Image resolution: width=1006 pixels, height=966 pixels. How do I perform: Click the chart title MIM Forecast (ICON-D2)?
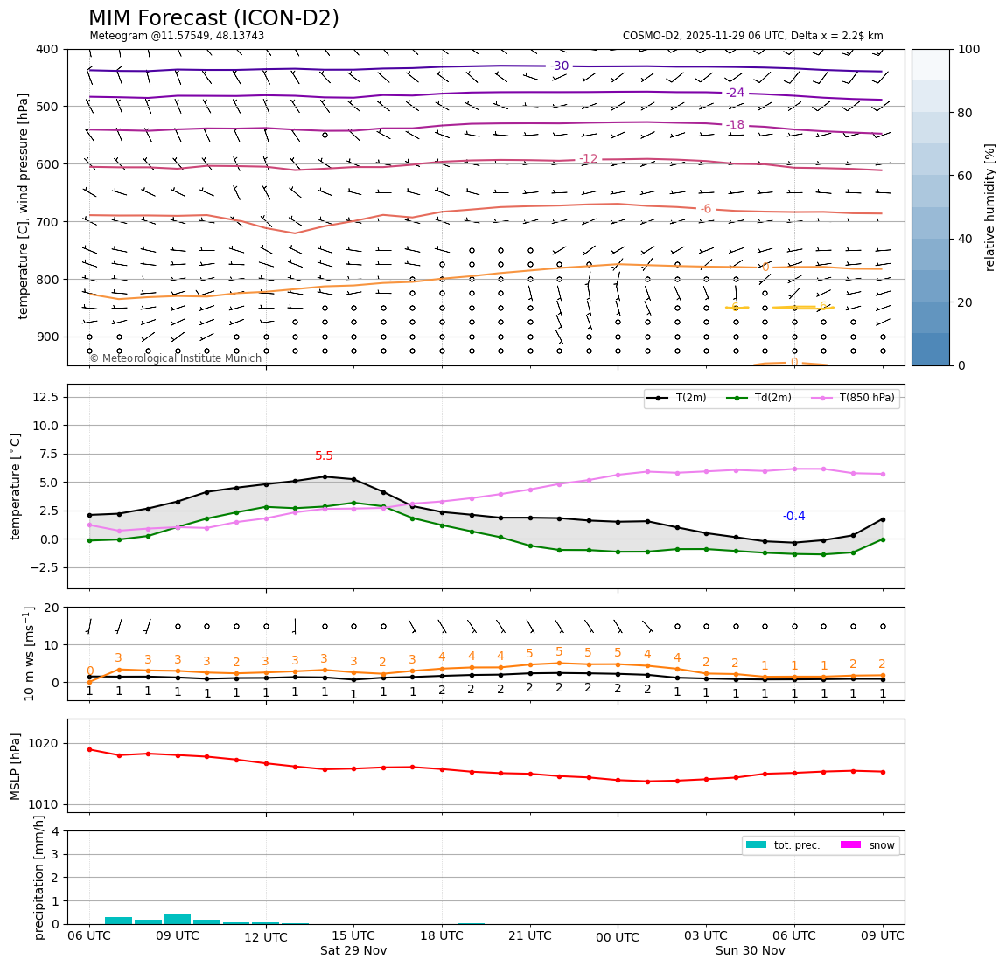213,18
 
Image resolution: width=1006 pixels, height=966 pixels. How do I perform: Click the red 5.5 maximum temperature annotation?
324,456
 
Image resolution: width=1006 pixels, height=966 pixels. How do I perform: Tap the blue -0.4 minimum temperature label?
793,517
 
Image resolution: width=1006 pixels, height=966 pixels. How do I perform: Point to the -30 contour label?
559,66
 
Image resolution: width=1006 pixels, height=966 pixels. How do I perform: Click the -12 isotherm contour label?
589,159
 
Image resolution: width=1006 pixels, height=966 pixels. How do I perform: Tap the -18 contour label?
735,125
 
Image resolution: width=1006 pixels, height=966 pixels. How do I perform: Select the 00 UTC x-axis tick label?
618,937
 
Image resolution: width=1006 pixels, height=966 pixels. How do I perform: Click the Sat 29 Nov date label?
353,950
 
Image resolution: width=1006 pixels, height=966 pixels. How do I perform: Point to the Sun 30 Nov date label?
750,950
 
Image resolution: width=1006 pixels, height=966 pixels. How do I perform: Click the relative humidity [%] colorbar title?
990,207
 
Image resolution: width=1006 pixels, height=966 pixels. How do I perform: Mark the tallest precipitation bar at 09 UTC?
178,919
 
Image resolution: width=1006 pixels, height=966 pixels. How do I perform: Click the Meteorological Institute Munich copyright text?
175,358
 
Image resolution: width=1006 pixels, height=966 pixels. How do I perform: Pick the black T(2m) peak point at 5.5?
325,476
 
